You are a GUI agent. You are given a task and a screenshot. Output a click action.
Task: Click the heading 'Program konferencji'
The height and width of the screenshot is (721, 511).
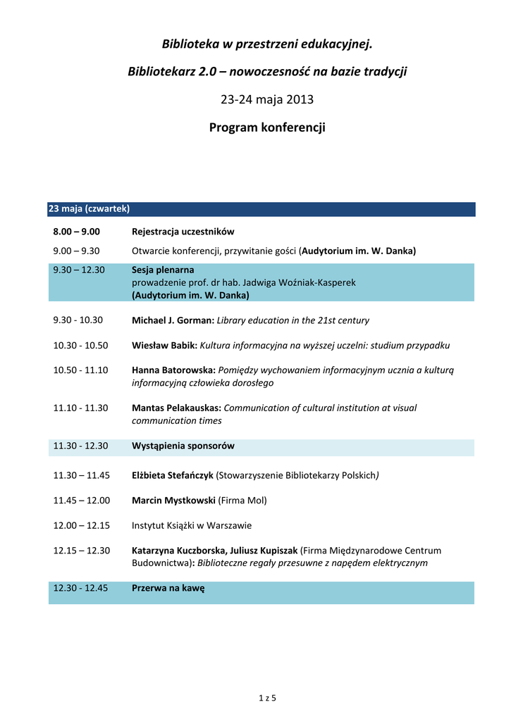267,128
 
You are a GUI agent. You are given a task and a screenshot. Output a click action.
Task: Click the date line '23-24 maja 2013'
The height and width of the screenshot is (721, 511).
267,99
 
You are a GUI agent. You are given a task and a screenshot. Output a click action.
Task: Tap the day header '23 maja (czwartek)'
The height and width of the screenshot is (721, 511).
89,209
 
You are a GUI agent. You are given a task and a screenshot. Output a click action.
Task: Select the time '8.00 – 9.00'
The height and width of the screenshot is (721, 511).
76,232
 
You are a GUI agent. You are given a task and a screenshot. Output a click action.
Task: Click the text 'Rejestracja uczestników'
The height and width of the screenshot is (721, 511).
183,232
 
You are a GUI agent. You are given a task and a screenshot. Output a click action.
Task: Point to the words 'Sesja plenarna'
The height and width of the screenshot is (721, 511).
163,270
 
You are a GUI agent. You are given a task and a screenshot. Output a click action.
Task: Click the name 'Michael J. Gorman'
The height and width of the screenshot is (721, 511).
173,320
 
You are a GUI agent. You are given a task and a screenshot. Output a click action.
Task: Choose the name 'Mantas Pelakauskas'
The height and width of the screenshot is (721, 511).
176,408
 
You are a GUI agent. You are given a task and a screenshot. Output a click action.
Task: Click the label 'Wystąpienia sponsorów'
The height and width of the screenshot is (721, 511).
183,446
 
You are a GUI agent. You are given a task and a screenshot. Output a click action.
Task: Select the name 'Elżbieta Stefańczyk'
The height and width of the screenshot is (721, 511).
173,475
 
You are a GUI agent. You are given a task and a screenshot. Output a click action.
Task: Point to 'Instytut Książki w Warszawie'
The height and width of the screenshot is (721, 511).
192,525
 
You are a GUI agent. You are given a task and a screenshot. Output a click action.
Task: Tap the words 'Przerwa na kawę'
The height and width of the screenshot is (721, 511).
168,589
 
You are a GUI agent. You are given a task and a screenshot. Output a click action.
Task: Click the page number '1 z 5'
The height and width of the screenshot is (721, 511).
267,698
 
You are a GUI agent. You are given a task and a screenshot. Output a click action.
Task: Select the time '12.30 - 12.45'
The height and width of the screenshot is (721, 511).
80,589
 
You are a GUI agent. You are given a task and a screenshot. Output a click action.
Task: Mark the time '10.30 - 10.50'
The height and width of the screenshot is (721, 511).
80,346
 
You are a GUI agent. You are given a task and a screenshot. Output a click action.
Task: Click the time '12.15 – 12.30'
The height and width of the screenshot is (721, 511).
81,551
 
